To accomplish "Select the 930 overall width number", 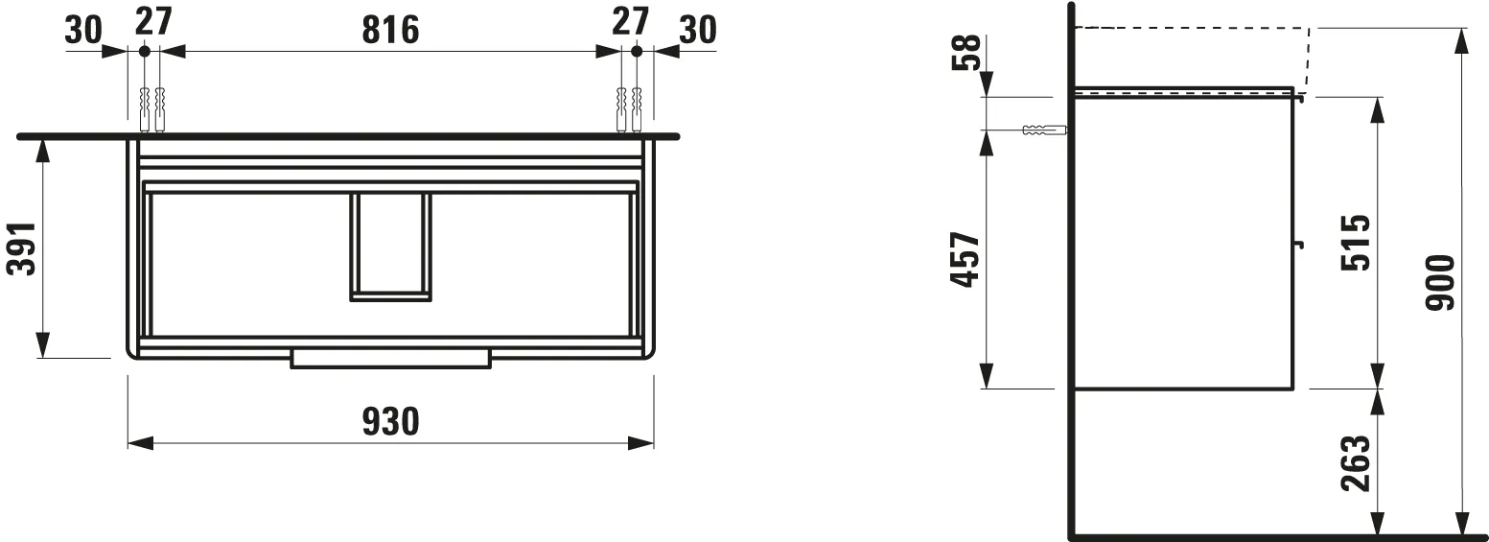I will [391, 420].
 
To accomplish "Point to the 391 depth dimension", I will [21, 248].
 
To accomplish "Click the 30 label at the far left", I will [83, 31].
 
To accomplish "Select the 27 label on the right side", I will [631, 21].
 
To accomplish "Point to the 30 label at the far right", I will [697, 31].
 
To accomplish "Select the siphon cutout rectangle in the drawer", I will [390, 246].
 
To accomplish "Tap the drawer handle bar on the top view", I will [390, 359].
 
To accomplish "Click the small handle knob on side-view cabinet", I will [1300, 244].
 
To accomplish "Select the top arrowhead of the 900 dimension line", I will [1460, 40].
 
